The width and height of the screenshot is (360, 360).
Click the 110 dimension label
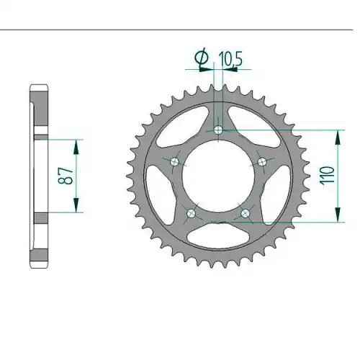[x=327, y=175]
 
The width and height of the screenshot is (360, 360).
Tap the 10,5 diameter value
[x=230, y=59]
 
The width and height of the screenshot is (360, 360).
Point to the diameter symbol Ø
[x=202, y=57]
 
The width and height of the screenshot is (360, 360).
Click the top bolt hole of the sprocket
[x=218, y=130]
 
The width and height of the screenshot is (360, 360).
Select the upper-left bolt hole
[x=174, y=162]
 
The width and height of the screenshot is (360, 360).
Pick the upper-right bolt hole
[x=262, y=162]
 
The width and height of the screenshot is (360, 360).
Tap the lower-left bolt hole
[x=192, y=213]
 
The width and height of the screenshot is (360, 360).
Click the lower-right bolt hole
[x=246, y=213]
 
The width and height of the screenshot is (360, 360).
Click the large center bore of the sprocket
[x=218, y=176]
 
